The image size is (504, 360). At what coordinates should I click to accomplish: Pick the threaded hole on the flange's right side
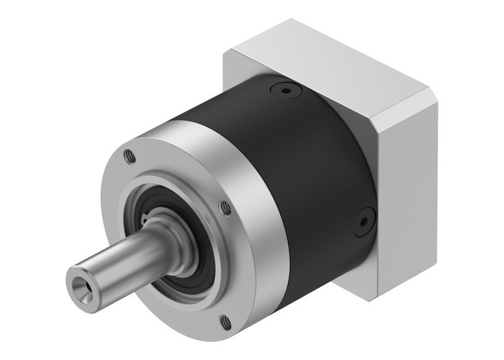(226, 208)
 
